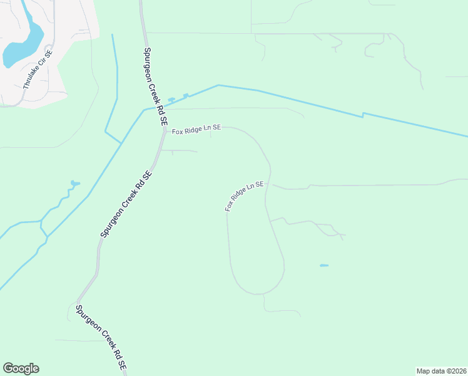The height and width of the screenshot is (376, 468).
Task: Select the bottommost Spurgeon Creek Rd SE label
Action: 100,338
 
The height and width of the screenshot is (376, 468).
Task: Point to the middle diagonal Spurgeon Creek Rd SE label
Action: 126,204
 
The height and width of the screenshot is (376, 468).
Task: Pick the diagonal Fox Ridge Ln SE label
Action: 245,197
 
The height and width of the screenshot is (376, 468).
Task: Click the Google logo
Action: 21,368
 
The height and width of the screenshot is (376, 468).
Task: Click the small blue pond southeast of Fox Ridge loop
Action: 324,266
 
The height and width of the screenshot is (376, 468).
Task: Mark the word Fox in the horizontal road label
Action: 178,130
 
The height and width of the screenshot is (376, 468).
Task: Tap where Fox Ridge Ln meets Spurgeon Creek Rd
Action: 160,130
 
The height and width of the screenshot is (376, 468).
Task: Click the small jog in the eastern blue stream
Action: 363,115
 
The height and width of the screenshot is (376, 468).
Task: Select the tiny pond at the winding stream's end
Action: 74,183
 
